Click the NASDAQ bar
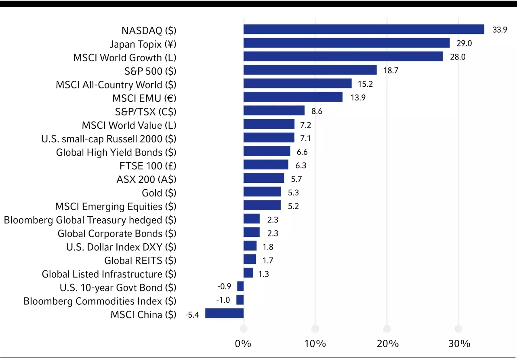pos(364,29)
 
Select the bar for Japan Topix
pos(347,43)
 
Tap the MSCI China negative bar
pos(224,314)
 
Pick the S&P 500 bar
pos(310,70)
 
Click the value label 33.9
pos(500,30)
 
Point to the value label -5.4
pos(193,314)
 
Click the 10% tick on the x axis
pos(315,344)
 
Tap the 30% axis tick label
pos(459,344)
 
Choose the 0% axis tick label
pos(243,344)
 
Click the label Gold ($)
pos(159,193)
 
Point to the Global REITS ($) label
pos(140,260)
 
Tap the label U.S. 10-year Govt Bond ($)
pos(118,287)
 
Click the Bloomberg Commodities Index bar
pos(240,300)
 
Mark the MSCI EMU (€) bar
pos(293,97)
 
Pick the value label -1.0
pos(223,300)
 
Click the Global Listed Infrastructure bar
pos(248,273)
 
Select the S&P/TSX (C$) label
pos(146,112)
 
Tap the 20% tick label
pos(387,344)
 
